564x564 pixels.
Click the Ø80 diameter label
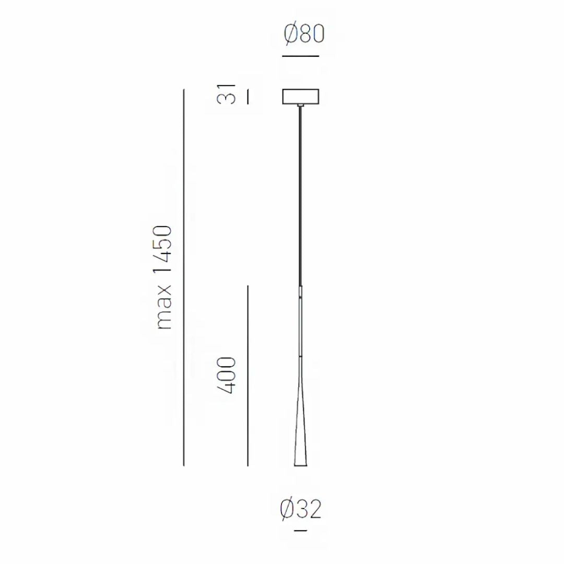point(304,34)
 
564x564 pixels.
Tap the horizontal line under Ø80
point(300,55)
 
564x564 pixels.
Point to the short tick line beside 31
point(248,97)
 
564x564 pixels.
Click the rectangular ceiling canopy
point(300,97)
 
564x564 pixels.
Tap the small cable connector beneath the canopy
point(300,107)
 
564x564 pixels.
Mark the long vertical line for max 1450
point(184,277)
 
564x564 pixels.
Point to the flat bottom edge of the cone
point(300,465)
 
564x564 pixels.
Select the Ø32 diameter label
point(300,509)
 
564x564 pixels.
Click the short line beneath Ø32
point(300,531)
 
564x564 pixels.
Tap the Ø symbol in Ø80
point(291,34)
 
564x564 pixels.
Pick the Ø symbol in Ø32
point(287,509)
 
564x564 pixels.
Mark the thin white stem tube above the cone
point(300,321)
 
